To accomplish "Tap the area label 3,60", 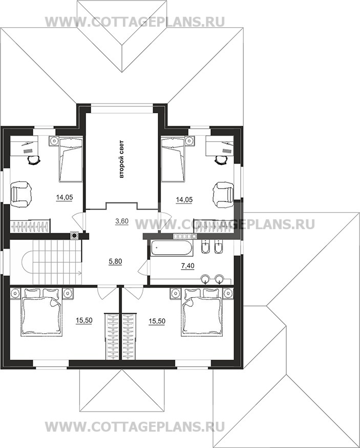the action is point(122,220).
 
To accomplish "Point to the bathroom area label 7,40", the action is point(188,266).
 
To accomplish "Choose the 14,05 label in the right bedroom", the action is point(184,200).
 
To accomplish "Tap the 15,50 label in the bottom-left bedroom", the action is point(84,320).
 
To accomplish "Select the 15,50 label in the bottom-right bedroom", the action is point(157,321).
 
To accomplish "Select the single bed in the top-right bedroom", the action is point(173,159).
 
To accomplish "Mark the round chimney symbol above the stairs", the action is point(75,235).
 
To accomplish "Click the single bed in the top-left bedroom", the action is point(71,159).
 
